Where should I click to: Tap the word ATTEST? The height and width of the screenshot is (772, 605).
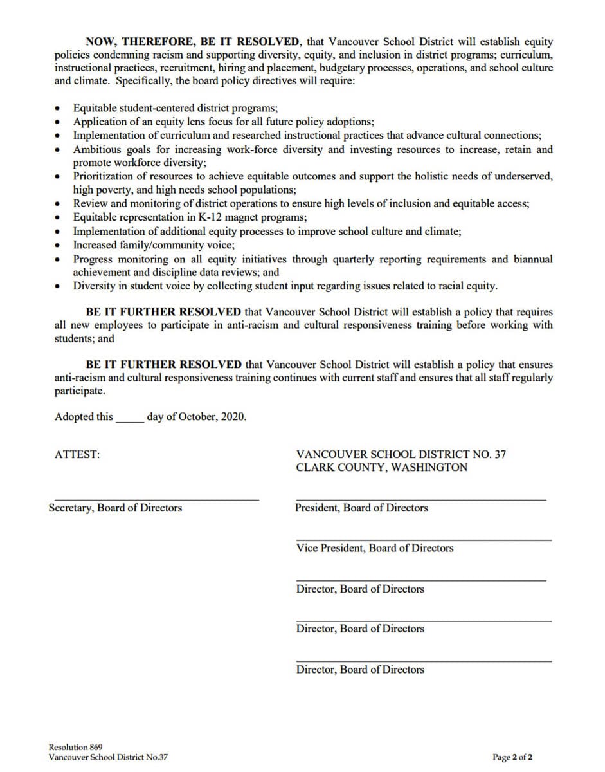point(77,454)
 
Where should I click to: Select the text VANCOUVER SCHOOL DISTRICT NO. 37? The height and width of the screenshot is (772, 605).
point(401,454)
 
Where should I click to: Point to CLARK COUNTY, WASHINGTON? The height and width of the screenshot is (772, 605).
point(381,468)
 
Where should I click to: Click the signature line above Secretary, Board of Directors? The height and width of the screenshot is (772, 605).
point(156,499)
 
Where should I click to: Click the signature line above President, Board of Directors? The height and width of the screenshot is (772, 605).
point(420,499)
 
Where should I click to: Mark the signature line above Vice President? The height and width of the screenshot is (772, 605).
point(423,540)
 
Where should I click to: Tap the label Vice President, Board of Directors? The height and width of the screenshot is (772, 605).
point(374,548)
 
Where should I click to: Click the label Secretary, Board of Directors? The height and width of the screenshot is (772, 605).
point(115,508)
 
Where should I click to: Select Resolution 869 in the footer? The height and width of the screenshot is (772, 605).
point(75,747)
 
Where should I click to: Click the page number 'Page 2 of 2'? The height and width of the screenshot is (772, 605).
point(512,757)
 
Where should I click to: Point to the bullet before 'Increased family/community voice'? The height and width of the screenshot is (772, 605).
point(59,246)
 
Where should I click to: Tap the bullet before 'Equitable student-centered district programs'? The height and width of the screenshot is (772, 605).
point(59,108)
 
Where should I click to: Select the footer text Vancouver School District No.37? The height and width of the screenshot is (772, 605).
point(108,757)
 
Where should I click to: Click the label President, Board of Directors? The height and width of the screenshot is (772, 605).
point(361,508)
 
